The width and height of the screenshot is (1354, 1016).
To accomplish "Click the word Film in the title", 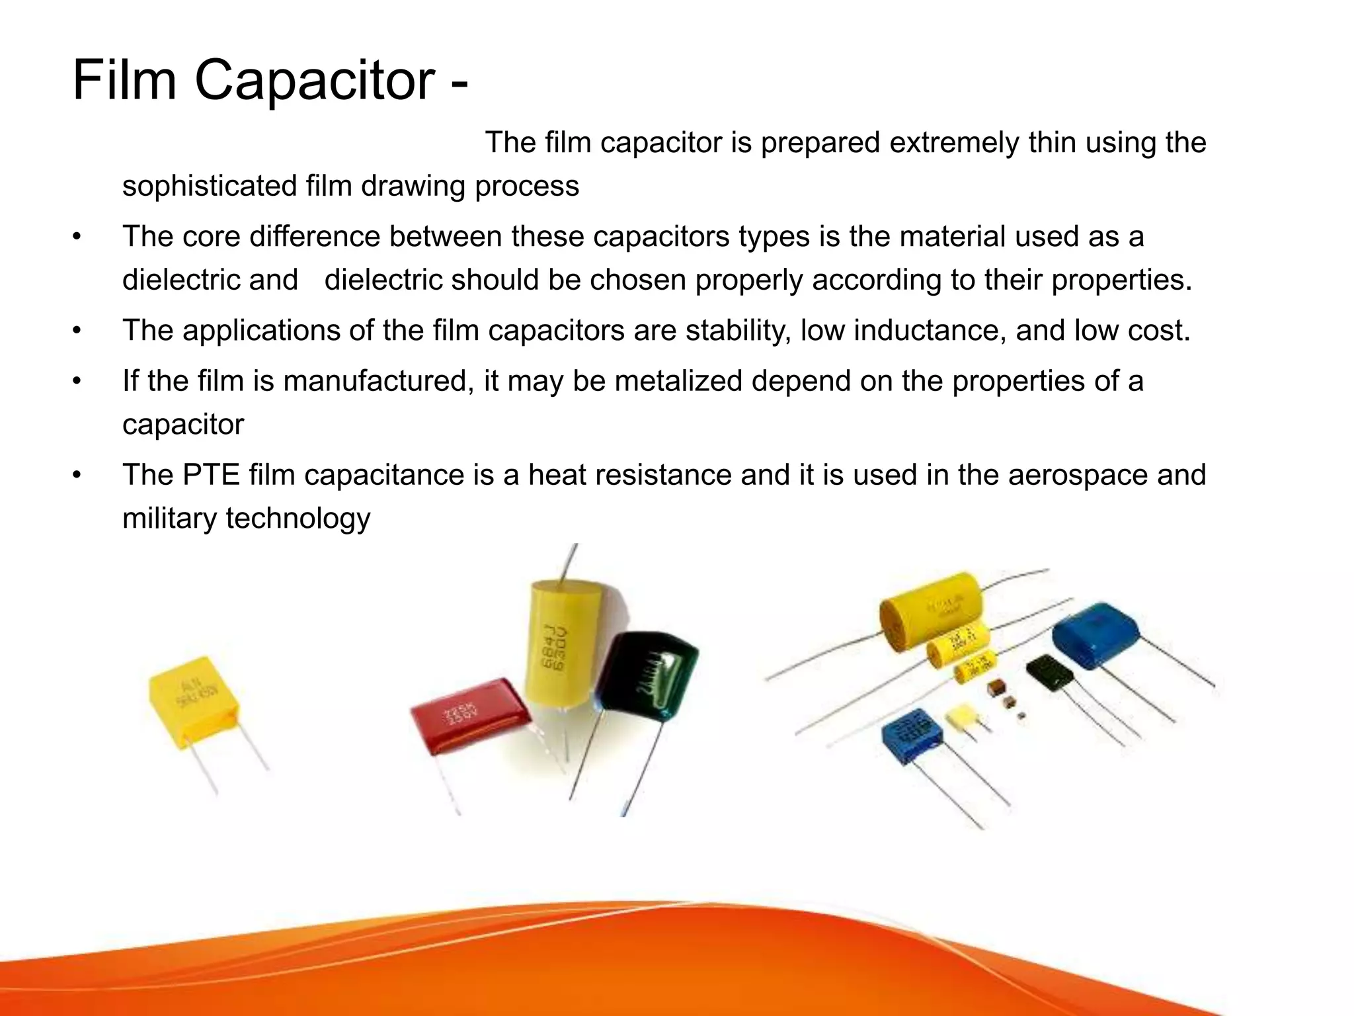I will (x=124, y=80).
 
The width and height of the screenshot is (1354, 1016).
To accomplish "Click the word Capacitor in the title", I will (x=314, y=81).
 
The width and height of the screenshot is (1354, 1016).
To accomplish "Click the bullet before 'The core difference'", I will (x=77, y=237).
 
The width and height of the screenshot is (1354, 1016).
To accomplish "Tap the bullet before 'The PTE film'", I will (x=77, y=475).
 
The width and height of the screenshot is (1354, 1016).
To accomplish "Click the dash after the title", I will (x=459, y=83).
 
